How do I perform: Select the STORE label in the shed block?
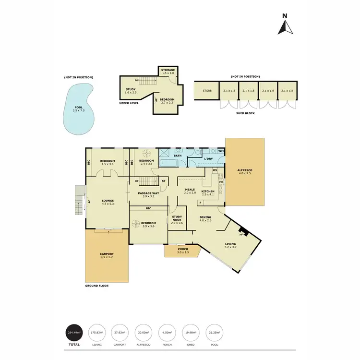pos(207,90)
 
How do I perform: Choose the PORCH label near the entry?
pos(183,249)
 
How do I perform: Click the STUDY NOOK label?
pos(177,218)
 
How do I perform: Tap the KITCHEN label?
pos(208,192)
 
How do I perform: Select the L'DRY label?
pos(208,158)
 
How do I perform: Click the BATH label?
pos(178,156)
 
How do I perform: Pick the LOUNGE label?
pos(107,201)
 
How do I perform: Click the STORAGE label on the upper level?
pos(168,70)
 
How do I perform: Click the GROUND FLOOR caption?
pos(96,286)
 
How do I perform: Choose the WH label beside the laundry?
pos(221,151)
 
